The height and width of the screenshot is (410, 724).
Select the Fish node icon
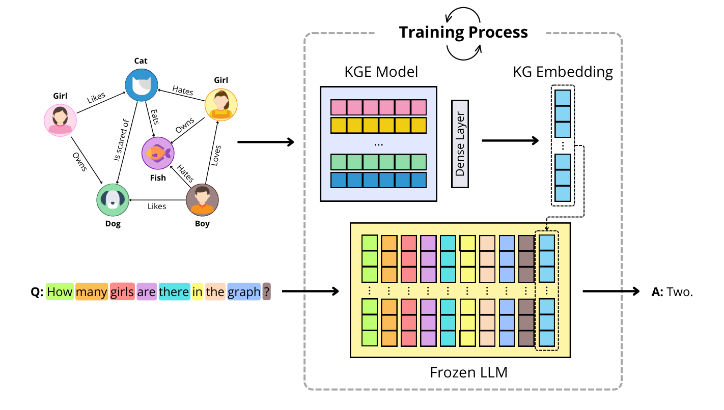click(x=157, y=153)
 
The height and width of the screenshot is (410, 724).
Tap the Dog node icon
click(x=113, y=200)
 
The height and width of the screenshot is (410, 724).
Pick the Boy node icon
click(x=202, y=200)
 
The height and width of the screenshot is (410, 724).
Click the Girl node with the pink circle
click(x=61, y=120)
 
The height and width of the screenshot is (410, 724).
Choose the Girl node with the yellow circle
click(x=221, y=104)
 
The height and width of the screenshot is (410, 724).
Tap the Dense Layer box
click(x=460, y=143)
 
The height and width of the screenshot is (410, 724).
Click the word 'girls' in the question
click(x=122, y=292)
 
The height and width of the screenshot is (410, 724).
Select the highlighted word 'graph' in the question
click(x=244, y=292)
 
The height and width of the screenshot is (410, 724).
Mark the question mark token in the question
click(x=267, y=292)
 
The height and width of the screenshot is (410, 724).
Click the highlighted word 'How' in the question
click(x=60, y=292)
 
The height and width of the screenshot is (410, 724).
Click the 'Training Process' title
click(x=463, y=32)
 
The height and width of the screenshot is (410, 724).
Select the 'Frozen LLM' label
click(x=468, y=372)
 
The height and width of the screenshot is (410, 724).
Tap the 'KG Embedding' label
click(x=563, y=72)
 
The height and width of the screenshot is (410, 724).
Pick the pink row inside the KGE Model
click(x=378, y=107)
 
